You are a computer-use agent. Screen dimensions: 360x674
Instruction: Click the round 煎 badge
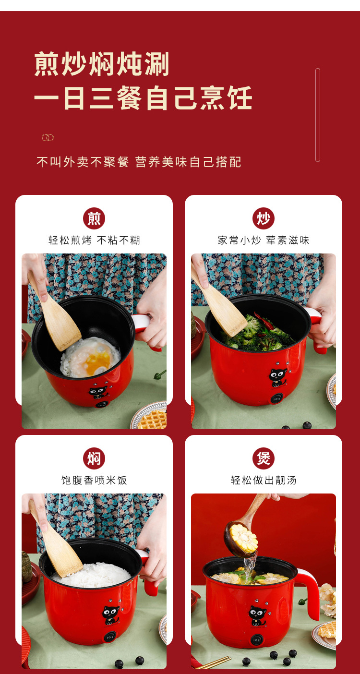point(94,218)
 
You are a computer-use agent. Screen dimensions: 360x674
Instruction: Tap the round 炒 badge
point(264,218)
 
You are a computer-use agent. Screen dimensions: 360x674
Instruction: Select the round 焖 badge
point(94,458)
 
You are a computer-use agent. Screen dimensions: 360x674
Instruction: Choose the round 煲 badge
point(264,458)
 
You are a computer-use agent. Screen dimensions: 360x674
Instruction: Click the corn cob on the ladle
point(244,538)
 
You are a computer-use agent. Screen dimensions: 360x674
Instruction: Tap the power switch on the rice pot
point(110,637)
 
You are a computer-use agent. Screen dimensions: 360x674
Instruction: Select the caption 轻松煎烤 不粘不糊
point(94,240)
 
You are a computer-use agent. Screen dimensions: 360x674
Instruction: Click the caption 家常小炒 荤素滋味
point(264,240)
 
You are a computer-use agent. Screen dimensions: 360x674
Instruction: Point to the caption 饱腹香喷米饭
point(94,480)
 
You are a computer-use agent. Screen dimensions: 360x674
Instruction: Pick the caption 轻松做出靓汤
point(264,480)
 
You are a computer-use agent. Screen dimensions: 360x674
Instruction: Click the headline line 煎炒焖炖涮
point(102,64)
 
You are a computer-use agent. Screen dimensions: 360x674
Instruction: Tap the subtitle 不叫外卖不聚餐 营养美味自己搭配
point(139,162)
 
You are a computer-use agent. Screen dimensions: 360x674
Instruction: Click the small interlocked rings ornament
point(48,137)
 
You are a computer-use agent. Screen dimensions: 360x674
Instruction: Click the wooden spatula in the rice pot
point(56,539)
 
